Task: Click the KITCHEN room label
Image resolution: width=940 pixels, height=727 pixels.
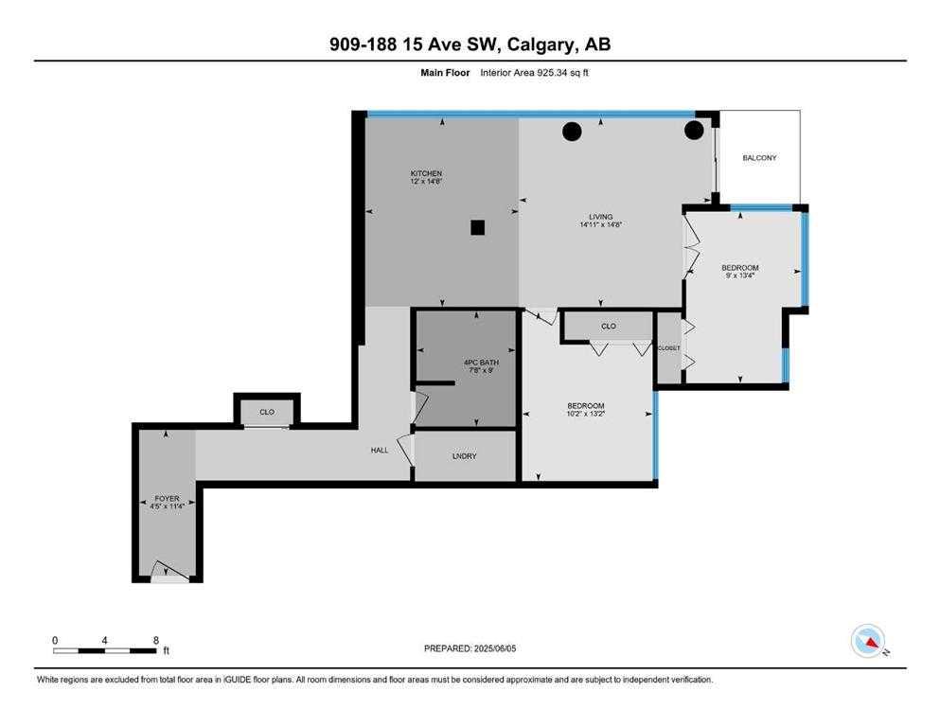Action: pyautogui.click(x=426, y=173)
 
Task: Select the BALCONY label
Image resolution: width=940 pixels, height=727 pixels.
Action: pyautogui.click(x=759, y=157)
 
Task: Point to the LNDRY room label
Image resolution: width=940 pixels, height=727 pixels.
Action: pyautogui.click(x=464, y=455)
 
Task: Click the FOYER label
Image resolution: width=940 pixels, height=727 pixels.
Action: pyautogui.click(x=167, y=498)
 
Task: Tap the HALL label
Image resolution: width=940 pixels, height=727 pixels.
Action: pyautogui.click(x=379, y=450)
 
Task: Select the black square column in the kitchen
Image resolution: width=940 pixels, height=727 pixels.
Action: pyautogui.click(x=478, y=227)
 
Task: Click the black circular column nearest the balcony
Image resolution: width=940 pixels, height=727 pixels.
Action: pyautogui.click(x=695, y=129)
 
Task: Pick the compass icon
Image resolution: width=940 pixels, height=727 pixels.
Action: pyautogui.click(x=867, y=641)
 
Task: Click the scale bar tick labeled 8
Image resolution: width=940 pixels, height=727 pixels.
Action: pyautogui.click(x=155, y=640)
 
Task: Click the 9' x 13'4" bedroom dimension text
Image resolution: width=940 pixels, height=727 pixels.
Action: pyautogui.click(x=739, y=276)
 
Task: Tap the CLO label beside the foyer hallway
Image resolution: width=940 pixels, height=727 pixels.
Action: pyautogui.click(x=267, y=412)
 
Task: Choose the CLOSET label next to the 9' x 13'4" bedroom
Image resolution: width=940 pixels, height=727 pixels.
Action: pyautogui.click(x=668, y=347)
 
